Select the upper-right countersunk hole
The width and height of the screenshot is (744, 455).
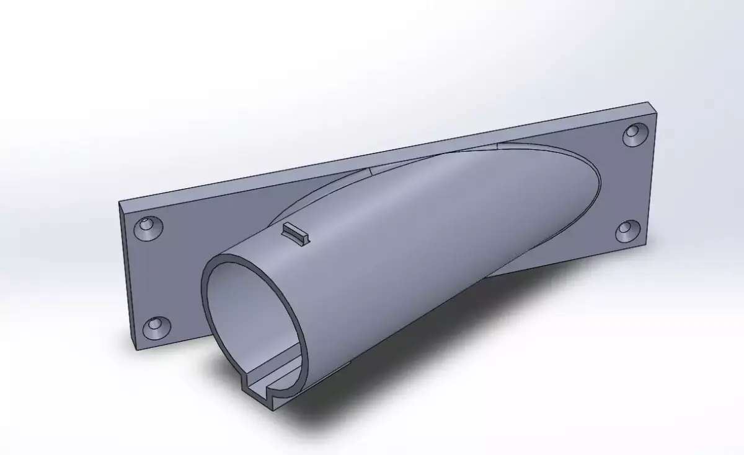pos(634,134)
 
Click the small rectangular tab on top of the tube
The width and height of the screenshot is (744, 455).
pos(295,233)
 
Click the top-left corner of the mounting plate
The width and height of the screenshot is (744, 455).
pos(120,202)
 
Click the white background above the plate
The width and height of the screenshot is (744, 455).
pos(310,74)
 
